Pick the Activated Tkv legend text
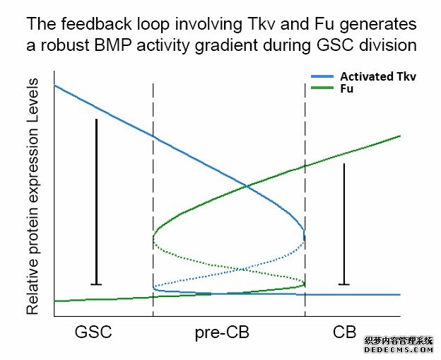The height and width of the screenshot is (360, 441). click(x=379, y=76)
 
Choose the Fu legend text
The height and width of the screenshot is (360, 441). click(x=347, y=89)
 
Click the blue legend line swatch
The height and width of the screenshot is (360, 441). click(x=323, y=76)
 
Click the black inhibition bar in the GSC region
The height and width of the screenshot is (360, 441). click(x=96, y=202)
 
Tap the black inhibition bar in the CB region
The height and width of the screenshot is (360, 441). click(x=343, y=223)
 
